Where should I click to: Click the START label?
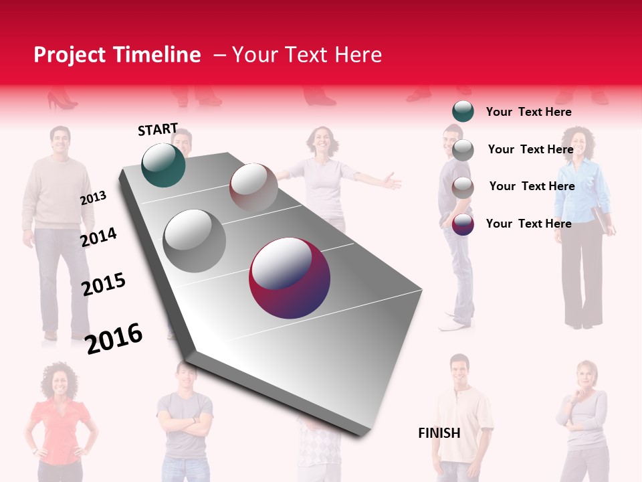[x=158, y=129]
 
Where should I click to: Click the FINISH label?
[x=439, y=433]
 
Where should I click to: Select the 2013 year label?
[x=93, y=198]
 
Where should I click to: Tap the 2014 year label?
[x=99, y=237]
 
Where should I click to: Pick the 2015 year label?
[x=104, y=285]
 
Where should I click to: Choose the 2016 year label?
[x=114, y=339]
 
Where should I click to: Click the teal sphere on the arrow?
[x=163, y=165]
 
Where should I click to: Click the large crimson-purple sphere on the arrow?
[x=290, y=278]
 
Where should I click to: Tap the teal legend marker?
[x=463, y=111]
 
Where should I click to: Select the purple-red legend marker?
[x=463, y=224]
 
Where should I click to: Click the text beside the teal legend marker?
[x=528, y=112]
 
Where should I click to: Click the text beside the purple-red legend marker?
[x=528, y=224]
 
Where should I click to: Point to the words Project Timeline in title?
[x=117, y=55]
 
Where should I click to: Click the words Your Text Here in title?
[x=307, y=55]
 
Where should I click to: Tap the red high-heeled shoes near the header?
[x=62, y=101]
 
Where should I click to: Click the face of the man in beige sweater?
[x=60, y=141]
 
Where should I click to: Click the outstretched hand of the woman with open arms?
[x=391, y=181]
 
